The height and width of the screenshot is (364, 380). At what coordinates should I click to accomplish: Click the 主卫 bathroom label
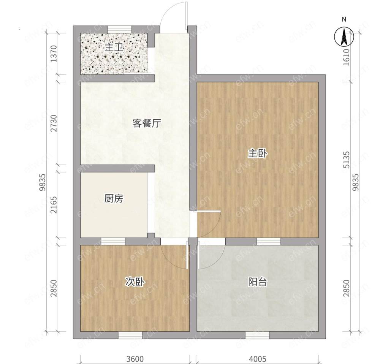point(114,48)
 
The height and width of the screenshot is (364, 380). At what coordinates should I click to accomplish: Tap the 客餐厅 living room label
point(147,123)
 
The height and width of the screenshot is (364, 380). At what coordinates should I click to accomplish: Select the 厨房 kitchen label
point(114,199)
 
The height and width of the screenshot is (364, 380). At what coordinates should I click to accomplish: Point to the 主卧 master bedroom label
point(257,154)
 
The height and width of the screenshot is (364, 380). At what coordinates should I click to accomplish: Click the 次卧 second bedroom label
point(135,282)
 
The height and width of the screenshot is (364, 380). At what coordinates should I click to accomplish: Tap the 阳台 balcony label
point(257,282)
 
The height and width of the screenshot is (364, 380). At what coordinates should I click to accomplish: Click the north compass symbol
point(344,37)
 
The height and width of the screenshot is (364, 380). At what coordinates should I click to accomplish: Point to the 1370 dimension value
point(54,54)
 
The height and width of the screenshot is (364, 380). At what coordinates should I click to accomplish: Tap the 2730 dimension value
point(54,123)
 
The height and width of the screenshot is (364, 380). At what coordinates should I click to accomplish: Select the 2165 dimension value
point(54,205)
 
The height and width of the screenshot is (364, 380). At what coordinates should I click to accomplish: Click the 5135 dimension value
point(347,160)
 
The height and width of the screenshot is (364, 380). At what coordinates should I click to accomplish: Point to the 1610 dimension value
point(347,57)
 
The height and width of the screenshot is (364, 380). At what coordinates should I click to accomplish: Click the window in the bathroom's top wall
point(120,29)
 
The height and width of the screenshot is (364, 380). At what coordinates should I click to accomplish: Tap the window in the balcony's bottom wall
point(257,335)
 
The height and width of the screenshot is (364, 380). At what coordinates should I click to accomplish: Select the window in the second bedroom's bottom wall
point(130,335)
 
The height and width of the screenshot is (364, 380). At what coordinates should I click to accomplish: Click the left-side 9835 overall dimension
point(43,182)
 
